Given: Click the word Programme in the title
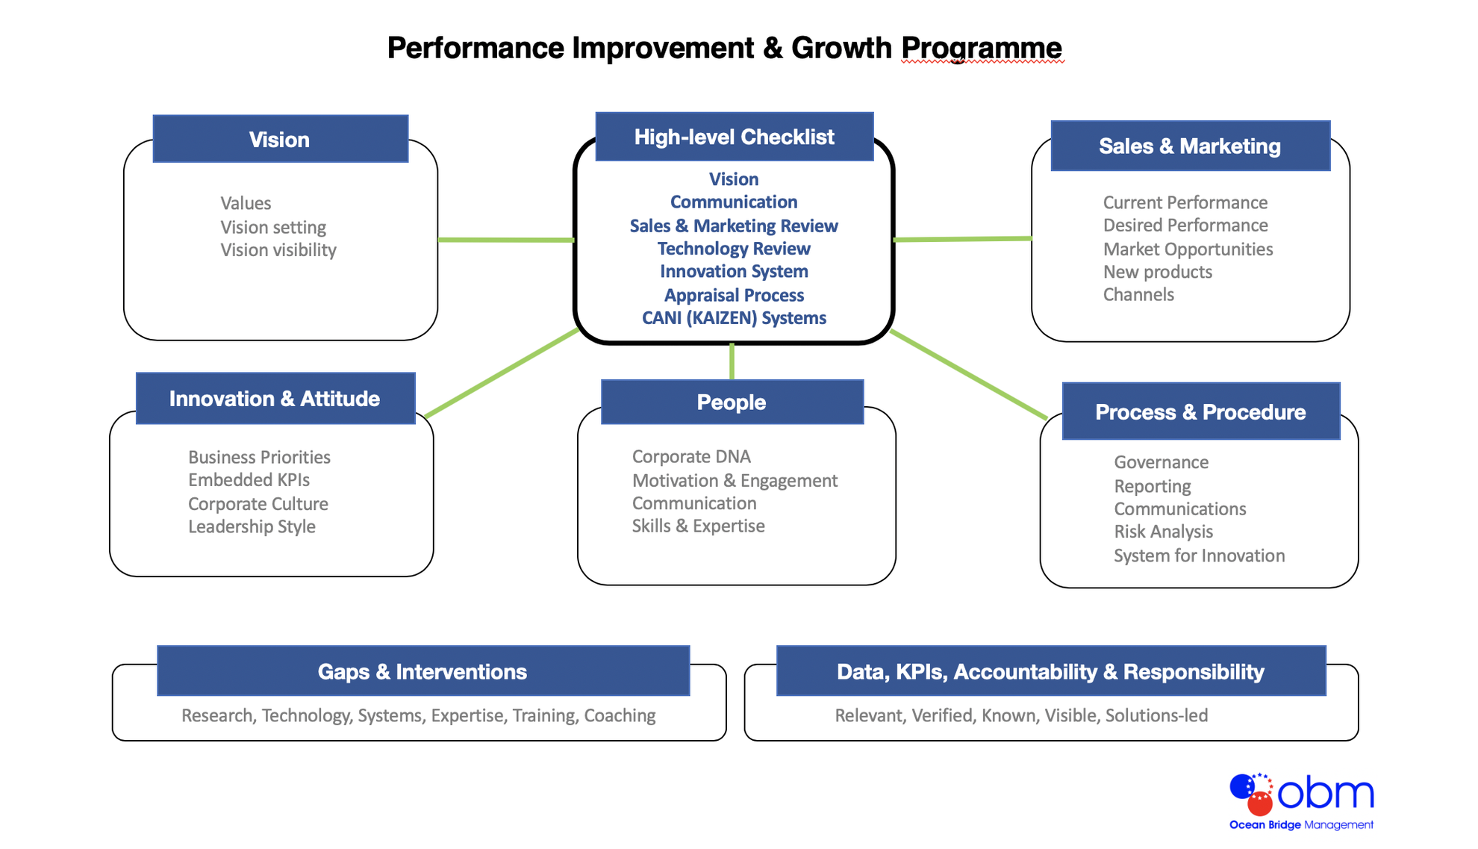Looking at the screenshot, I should point(981,49).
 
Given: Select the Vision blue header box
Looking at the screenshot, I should point(280,140).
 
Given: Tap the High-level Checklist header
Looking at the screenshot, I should point(734,137).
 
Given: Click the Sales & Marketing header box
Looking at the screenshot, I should point(1190,146).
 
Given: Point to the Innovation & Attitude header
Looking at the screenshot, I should point(275,399).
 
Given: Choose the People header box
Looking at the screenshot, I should point(732,402).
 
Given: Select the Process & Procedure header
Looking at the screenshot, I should point(1200,412).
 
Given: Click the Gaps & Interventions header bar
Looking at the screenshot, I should point(422,671).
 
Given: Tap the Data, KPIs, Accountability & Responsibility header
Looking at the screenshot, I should point(1050,671).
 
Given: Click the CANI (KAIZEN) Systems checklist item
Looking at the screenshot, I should point(734,318).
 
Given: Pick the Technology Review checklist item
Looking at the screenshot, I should point(734,249).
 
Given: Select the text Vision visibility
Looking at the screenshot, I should point(278,250).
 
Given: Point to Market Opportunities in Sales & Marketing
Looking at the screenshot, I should point(1188,249).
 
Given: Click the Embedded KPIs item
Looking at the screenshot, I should point(249,480).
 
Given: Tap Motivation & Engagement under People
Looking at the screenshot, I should point(735,481).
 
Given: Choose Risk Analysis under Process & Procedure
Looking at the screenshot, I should point(1163,532).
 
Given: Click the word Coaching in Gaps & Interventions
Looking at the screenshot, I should point(620,715).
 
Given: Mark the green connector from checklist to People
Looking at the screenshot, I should point(732,361).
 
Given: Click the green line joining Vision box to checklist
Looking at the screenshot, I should point(505,240).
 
